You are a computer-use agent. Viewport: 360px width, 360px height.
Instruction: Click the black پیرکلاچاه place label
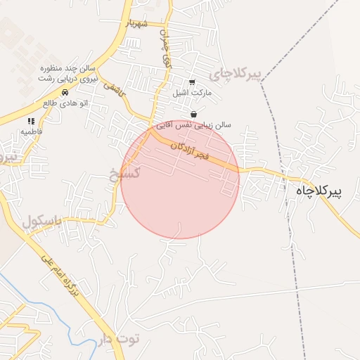click(328, 191)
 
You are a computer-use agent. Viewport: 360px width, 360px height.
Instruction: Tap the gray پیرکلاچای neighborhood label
click(235, 73)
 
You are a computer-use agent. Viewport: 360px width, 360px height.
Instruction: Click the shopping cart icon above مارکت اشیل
click(192, 82)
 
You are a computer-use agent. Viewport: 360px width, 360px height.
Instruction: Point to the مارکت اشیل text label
click(192, 93)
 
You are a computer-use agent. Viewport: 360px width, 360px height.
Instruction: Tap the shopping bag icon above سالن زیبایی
click(193, 115)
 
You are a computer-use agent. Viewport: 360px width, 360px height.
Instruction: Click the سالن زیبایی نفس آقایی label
click(193, 124)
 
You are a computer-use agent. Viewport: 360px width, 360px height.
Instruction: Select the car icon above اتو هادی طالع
click(65, 92)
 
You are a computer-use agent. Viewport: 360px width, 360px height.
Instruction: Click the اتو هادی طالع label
click(65, 103)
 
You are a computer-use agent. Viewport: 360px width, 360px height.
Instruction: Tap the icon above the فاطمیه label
click(31, 121)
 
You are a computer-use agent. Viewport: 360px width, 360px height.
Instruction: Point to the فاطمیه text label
click(31, 131)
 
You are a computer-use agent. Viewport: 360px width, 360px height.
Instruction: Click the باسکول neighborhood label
click(42, 222)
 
